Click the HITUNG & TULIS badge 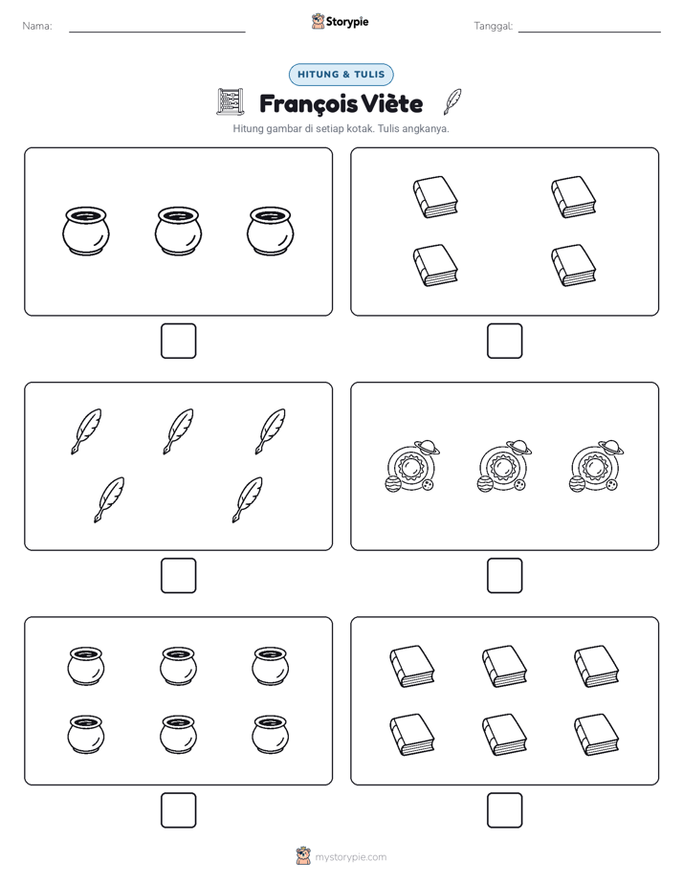pyautogui.click(x=341, y=75)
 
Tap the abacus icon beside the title pyautogui.click(x=231, y=102)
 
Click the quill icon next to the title pyautogui.click(x=452, y=101)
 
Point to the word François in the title pyautogui.click(x=308, y=104)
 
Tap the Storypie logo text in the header pyautogui.click(x=347, y=22)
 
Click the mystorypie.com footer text pyautogui.click(x=350, y=857)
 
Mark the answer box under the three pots pyautogui.click(x=179, y=342)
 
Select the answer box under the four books pyautogui.click(x=505, y=342)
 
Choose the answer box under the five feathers pyautogui.click(x=179, y=576)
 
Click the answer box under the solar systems pyautogui.click(x=505, y=576)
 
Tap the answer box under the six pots pyautogui.click(x=179, y=810)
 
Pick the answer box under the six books pyautogui.click(x=505, y=810)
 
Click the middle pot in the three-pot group pyautogui.click(x=178, y=232)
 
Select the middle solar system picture pyautogui.click(x=504, y=466)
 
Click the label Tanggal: pyautogui.click(x=493, y=26)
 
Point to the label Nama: pyautogui.click(x=37, y=26)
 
